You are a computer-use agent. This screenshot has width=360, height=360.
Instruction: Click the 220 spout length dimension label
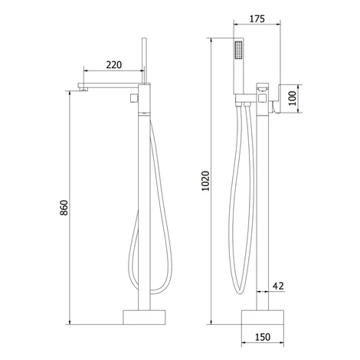tap(114, 65)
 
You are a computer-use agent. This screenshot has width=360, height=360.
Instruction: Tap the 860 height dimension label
tap(64, 208)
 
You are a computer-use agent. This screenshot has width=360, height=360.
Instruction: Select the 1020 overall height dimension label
tap(205, 181)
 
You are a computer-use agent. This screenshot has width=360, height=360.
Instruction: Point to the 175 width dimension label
tap(257, 19)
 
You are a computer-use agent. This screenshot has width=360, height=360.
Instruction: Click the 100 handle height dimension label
tap(293, 98)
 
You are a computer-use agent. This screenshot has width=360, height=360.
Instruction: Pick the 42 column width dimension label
tap(278, 286)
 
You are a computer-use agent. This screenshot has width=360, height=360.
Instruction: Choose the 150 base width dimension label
tap(263, 337)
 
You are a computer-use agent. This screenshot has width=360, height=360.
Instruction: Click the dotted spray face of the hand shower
tap(239, 51)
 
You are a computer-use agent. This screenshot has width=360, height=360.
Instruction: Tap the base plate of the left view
tap(144, 317)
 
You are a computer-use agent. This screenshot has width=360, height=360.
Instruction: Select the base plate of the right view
tap(263, 317)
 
